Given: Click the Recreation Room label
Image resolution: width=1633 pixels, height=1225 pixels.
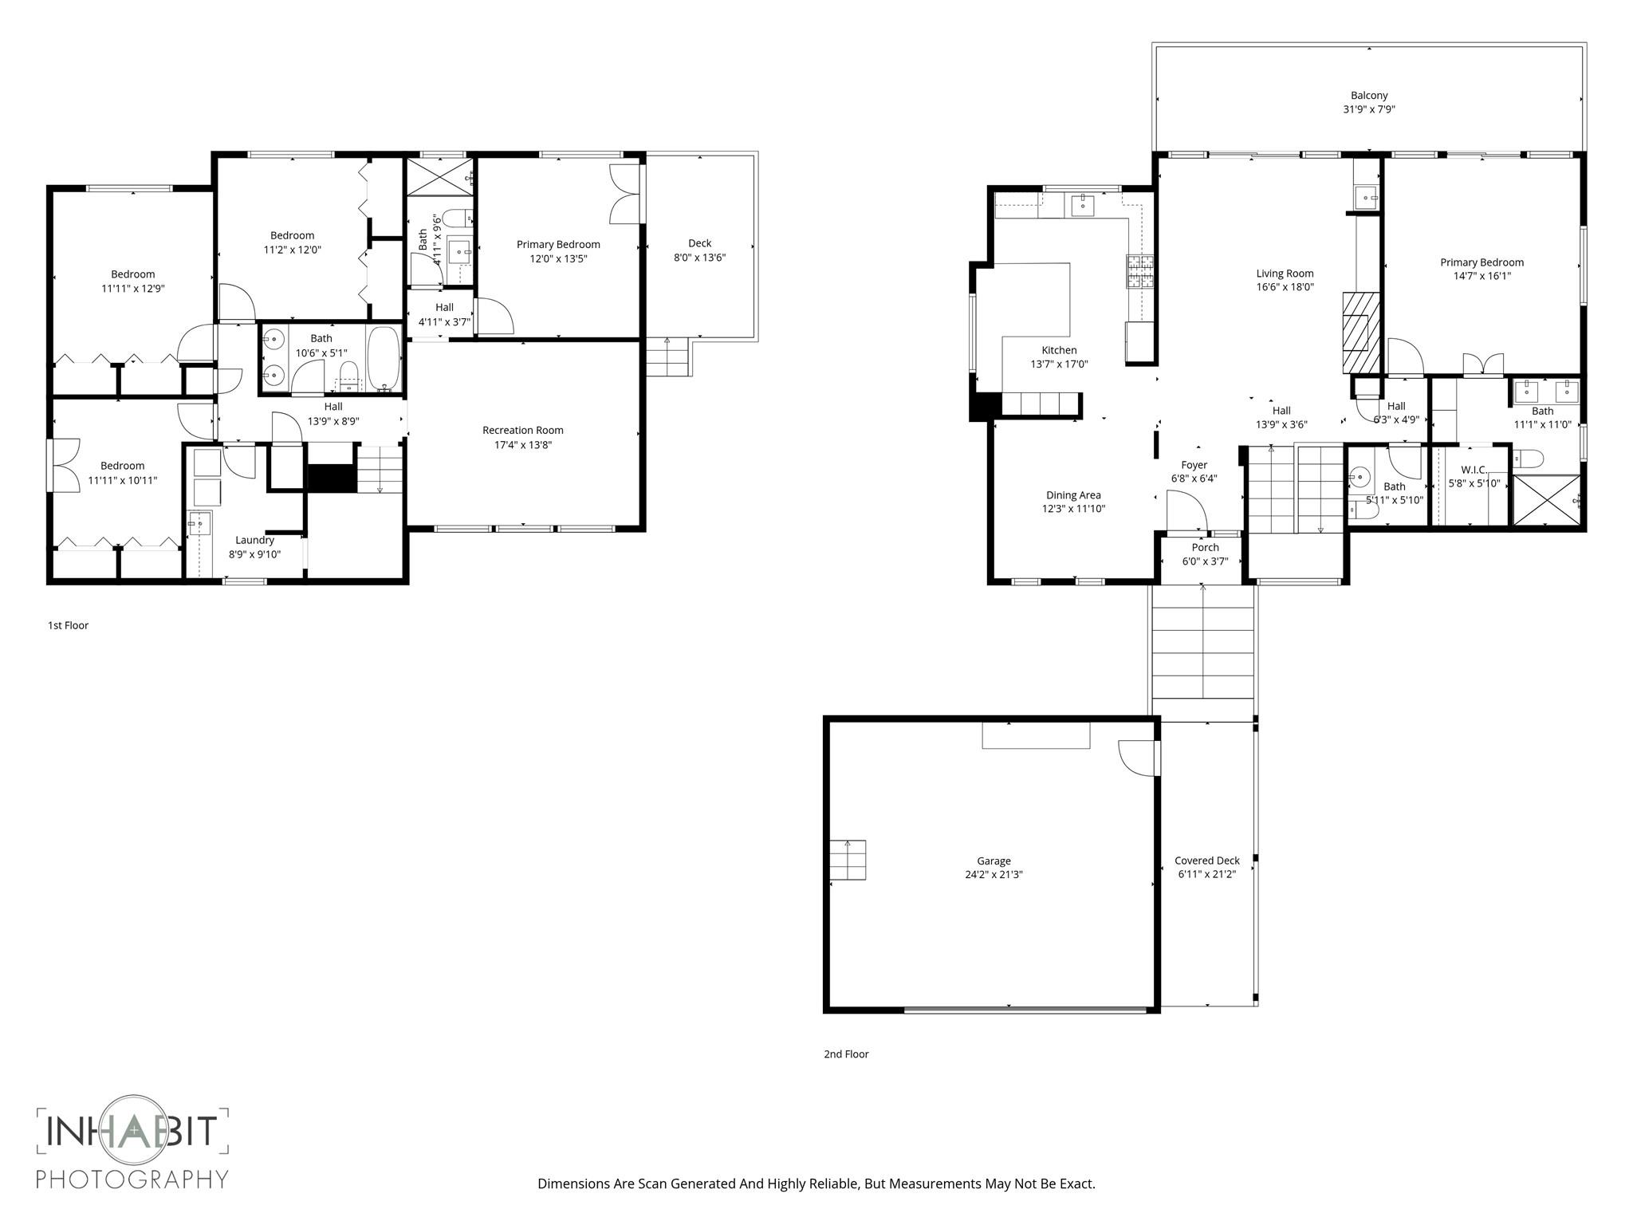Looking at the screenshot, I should click(x=522, y=430).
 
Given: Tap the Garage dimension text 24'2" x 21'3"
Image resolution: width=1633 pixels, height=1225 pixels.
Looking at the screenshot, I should click(x=994, y=874).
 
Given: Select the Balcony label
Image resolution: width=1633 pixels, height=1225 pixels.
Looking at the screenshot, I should click(x=1369, y=96).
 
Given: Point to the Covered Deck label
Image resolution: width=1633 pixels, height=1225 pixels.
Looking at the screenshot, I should click(x=1206, y=861).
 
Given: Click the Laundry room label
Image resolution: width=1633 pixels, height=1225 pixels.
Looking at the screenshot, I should click(x=254, y=540).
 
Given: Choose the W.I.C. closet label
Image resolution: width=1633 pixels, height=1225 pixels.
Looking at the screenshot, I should click(x=1474, y=470).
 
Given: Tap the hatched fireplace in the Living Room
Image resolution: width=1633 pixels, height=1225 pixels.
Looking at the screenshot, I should click(x=1360, y=333).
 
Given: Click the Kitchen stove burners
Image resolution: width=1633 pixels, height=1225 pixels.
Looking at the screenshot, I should click(x=1139, y=271).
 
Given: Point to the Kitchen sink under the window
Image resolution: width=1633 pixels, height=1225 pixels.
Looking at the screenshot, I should click(x=1083, y=204).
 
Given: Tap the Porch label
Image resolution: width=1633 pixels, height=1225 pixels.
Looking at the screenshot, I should click(x=1205, y=547).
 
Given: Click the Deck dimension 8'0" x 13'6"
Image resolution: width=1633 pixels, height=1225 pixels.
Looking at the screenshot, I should click(x=699, y=258).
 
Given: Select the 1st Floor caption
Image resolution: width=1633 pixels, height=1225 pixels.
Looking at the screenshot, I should click(x=68, y=625).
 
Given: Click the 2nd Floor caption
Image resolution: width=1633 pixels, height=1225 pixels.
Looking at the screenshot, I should click(x=846, y=1054).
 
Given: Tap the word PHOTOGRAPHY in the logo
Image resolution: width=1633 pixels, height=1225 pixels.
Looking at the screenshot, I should click(x=132, y=1179).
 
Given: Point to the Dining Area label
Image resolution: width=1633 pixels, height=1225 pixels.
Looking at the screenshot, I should click(x=1073, y=495).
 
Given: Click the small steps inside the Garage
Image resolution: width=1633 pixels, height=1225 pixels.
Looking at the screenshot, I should click(x=848, y=860).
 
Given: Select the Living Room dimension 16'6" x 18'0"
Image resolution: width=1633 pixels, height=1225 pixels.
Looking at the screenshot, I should click(x=1285, y=287).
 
